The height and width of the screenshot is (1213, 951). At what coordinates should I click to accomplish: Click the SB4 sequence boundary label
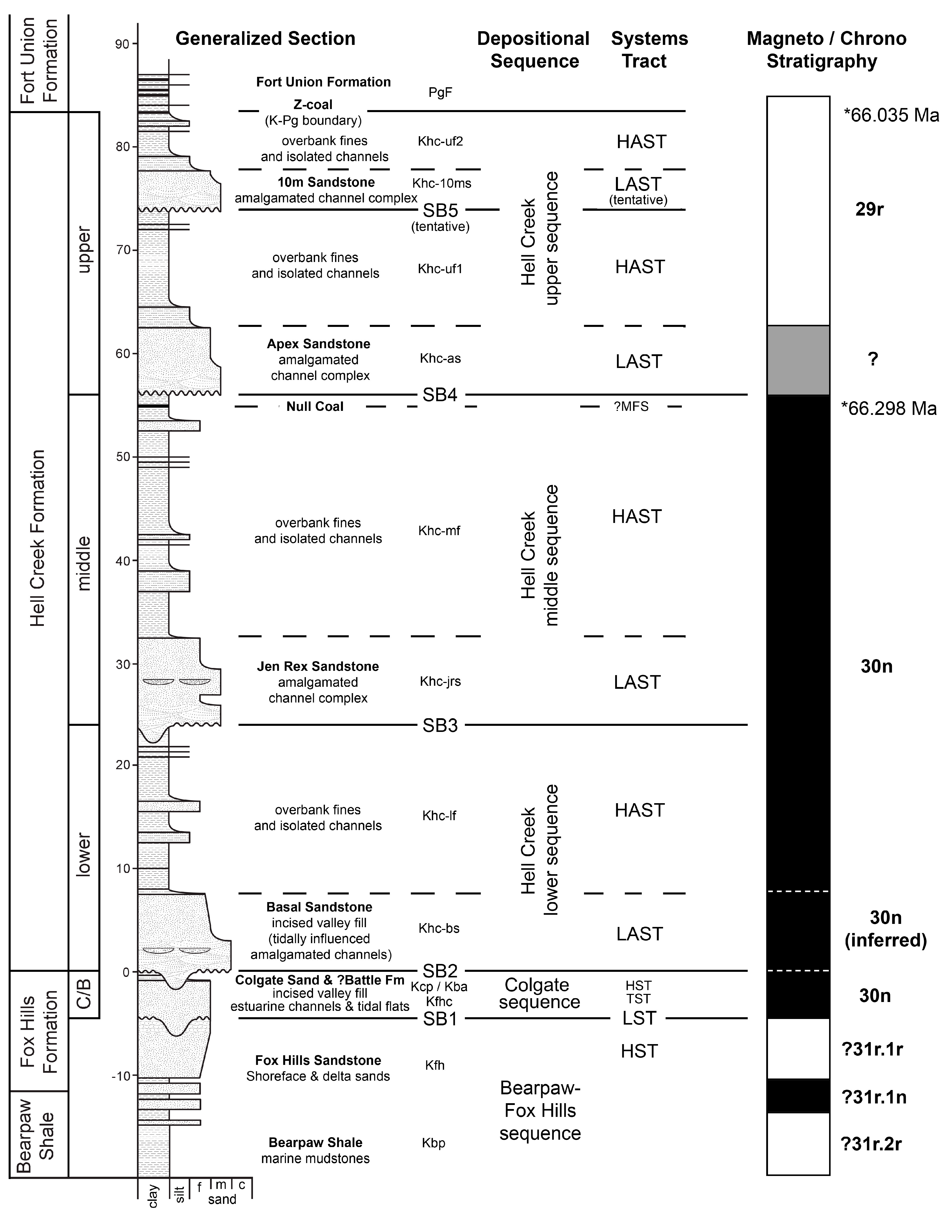click(x=440, y=395)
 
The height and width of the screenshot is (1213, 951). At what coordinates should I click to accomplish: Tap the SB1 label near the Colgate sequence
click(x=440, y=1018)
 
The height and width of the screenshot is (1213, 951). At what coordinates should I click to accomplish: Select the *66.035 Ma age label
click(x=891, y=115)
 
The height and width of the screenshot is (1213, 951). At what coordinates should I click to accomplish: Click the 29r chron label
click(x=869, y=209)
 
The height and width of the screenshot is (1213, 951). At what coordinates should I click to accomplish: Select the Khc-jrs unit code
click(x=440, y=681)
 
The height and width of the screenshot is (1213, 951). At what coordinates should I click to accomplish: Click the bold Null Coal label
click(x=315, y=407)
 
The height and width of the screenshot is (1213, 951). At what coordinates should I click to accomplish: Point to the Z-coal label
click(x=313, y=105)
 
